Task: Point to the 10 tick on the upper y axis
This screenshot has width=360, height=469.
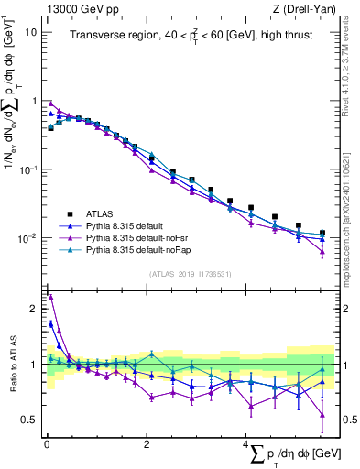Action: (30, 32)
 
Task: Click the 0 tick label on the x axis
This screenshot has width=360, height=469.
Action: (46, 445)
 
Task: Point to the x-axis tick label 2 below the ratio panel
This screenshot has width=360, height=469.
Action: (147, 445)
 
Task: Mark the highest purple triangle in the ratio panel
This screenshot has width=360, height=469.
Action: (51, 297)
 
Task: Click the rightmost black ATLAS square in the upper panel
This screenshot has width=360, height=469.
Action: (322, 233)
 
